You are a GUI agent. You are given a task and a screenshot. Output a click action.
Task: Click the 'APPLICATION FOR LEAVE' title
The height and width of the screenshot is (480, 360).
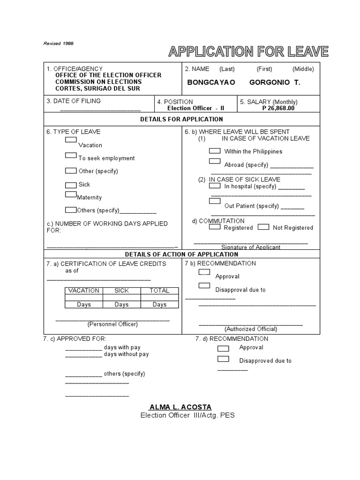[248, 52]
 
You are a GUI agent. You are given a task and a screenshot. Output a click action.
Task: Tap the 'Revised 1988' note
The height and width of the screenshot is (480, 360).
[59, 43]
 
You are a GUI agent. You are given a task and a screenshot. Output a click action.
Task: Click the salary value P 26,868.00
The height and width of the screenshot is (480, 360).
[278, 108]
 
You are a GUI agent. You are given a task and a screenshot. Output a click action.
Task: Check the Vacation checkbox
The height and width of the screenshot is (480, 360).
[71, 140]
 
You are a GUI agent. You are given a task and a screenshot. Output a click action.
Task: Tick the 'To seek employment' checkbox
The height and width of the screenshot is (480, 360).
[71, 155]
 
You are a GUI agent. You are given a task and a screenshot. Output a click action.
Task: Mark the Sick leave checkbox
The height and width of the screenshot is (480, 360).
[71, 185]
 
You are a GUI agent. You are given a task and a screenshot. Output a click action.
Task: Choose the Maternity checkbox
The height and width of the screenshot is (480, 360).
[71, 194]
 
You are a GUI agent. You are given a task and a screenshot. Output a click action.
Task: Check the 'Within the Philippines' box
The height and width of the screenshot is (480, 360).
[215, 151]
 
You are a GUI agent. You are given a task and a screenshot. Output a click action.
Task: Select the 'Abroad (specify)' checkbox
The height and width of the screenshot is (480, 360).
[215, 161]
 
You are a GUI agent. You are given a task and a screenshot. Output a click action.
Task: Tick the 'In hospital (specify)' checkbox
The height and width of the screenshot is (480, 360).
[215, 186]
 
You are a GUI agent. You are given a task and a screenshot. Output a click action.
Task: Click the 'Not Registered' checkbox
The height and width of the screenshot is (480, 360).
[264, 227]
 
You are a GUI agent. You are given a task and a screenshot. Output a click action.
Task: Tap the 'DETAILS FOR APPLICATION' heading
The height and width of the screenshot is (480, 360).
[181, 120]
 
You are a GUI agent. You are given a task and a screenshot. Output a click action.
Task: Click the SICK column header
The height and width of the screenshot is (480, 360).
[121, 291]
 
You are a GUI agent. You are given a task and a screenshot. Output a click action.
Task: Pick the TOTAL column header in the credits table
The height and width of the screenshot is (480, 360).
[159, 291]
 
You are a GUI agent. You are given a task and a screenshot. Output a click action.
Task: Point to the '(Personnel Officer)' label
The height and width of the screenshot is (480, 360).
[112, 324]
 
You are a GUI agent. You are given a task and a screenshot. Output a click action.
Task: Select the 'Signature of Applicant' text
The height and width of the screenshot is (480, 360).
[251, 247]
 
